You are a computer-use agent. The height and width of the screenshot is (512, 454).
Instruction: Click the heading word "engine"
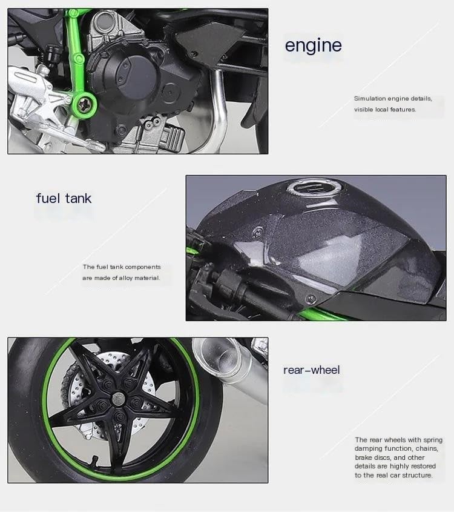point(313,46)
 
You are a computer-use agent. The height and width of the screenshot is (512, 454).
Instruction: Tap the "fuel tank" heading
point(64,198)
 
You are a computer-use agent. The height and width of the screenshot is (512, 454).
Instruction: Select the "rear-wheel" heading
point(311,370)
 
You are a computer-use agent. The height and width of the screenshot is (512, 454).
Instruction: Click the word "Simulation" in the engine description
point(370,98)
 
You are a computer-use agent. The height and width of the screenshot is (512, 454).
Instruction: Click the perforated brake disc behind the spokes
point(85,394)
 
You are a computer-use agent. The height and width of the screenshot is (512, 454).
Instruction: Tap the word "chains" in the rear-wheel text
point(419,449)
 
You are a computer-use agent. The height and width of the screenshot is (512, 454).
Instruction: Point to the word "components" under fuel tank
point(140,267)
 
